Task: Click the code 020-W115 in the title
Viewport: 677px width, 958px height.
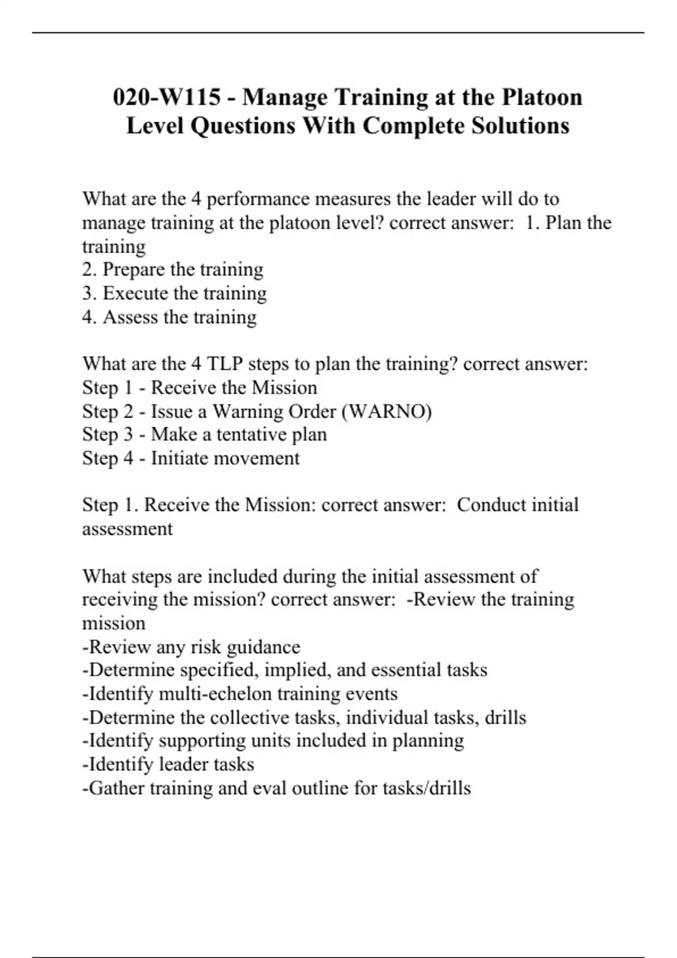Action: coord(166,97)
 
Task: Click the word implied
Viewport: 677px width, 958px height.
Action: coord(297,670)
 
